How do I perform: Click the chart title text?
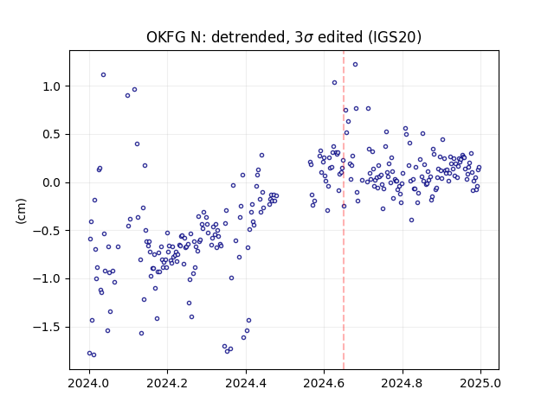tap(284, 37)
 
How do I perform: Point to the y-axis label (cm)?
tap(21, 211)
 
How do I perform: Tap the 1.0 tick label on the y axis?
tap(53, 86)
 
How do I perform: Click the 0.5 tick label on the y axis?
tap(53, 135)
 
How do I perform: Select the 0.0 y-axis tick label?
tap(53, 182)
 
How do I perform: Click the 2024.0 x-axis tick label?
tap(89, 383)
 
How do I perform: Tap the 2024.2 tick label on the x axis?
tap(167, 383)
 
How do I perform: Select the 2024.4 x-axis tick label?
tap(246, 383)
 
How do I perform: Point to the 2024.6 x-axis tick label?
tap(324, 383)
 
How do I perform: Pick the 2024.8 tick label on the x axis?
tap(402, 383)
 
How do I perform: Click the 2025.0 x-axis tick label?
tap(480, 383)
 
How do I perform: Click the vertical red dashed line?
tap(344, 210)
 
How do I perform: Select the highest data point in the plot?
tap(355, 64)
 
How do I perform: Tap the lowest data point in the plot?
tap(93, 354)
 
